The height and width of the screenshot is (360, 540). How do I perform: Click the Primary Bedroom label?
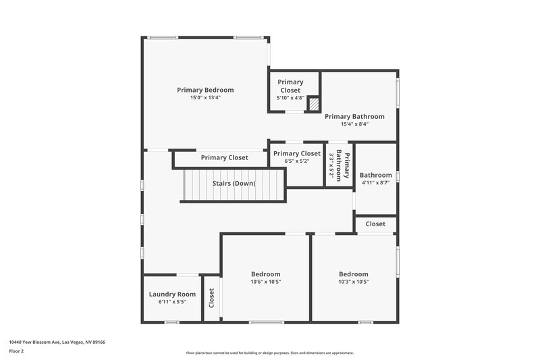[x=205, y=90]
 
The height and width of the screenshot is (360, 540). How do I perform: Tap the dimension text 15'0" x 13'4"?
[x=205, y=98]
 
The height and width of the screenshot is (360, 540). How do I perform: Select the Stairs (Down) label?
[x=234, y=183]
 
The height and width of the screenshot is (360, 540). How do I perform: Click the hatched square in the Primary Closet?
[x=313, y=105]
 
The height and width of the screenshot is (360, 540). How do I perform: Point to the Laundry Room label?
[x=172, y=294]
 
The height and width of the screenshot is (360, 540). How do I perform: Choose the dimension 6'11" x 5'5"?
[x=172, y=302]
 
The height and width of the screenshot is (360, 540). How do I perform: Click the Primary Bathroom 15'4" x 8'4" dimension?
[x=354, y=124]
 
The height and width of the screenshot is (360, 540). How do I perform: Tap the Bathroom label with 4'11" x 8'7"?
[x=375, y=175]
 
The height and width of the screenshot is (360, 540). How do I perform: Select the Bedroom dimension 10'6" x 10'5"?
[x=266, y=282]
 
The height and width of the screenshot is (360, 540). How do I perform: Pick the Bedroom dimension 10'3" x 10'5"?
[x=354, y=282]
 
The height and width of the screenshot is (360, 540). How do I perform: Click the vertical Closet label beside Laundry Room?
[x=212, y=298]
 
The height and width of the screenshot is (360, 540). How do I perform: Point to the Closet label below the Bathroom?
[x=375, y=224]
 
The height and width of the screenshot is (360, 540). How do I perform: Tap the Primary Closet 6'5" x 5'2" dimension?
[x=296, y=161]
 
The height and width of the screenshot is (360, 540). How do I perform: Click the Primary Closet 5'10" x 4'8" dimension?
[x=290, y=98]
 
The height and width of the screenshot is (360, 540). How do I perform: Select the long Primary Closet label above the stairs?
[x=224, y=157]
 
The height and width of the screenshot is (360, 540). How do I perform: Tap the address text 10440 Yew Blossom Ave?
[x=57, y=342]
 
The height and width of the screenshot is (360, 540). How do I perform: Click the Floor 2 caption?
[x=17, y=351]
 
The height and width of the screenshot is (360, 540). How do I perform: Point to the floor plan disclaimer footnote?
[x=269, y=353]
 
